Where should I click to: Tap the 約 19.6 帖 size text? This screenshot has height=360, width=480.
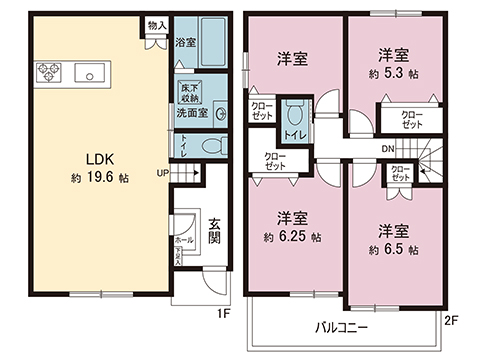[x=99, y=178]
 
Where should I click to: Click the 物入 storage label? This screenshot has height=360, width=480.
[x=156, y=24]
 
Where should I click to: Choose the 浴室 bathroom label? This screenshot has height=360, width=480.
[x=185, y=43]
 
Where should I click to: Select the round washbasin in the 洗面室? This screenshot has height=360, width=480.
[x=220, y=113]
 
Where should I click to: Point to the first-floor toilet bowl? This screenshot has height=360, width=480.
[x=213, y=146]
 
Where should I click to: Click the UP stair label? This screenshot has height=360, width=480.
[x=163, y=171]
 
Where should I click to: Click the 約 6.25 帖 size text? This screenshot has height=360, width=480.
[x=291, y=237]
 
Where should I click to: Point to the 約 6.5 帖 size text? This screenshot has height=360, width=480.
[x=391, y=249]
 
